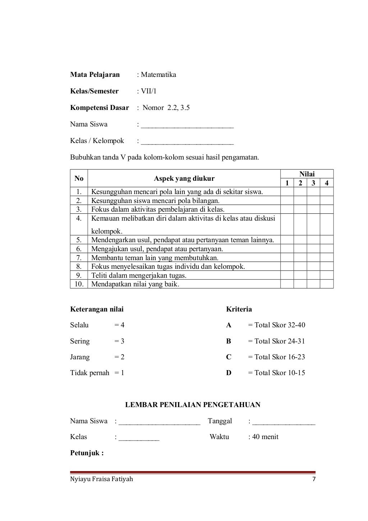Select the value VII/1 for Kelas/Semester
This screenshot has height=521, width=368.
pos(148,91)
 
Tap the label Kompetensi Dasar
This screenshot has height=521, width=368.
pos(100,108)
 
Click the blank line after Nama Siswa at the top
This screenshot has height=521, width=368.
pos(187,125)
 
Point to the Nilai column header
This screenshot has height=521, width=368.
pos(307,174)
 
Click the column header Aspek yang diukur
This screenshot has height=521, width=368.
pos(184,179)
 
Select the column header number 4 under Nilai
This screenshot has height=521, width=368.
pos(326,183)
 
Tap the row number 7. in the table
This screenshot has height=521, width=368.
pos(79,258)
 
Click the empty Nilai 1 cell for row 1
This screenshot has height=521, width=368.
pos(287,192)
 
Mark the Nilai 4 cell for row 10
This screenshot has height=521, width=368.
pos(326,284)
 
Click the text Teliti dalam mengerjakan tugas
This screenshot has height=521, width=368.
pos(139,276)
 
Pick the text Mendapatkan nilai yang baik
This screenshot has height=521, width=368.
pos(135,284)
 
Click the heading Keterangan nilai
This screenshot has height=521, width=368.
pos(97,309)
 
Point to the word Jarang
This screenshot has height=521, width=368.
pos(80,357)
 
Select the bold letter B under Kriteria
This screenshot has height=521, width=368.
pos(229,341)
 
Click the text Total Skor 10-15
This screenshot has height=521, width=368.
pos(279,373)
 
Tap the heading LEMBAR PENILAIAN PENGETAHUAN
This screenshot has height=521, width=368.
pos(193,405)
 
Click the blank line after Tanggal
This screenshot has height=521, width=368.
pos(284,422)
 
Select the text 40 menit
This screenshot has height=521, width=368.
pos(265,437)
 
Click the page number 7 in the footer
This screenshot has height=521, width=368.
pos(314,479)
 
